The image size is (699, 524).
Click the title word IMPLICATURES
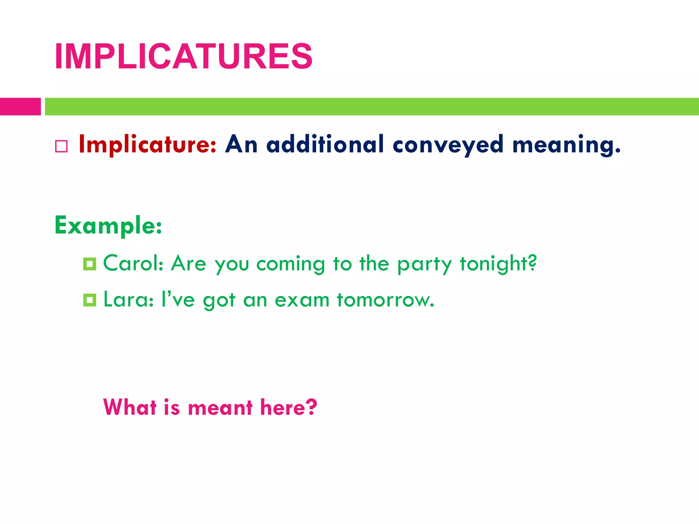(183, 57)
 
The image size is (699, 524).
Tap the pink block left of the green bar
(20, 106)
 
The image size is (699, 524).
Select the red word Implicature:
(147, 144)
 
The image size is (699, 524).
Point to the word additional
(325, 144)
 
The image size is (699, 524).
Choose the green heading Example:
(108, 226)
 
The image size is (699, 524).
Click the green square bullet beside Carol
(90, 264)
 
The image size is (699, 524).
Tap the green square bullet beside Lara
(90, 300)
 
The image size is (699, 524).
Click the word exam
(302, 300)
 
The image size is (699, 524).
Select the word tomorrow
(385, 300)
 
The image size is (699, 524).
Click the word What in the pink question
(130, 407)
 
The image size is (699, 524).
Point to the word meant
(220, 408)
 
